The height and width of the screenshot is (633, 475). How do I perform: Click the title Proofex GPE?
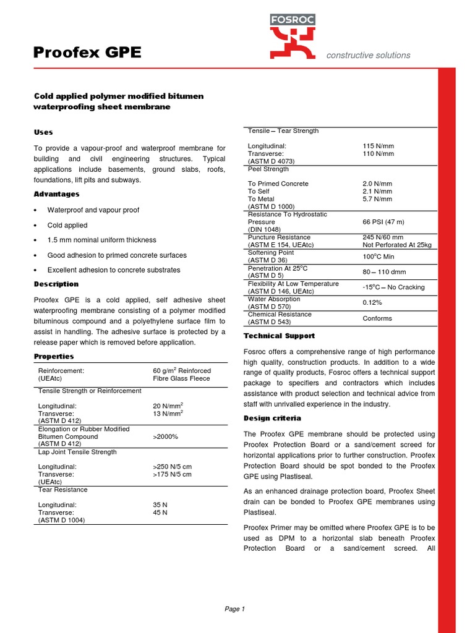tap(87, 54)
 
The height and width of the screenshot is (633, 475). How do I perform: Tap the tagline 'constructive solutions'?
tap(368, 55)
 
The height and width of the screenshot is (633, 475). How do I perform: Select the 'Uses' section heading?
tap(43, 132)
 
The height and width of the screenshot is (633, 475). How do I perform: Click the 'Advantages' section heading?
tap(56, 194)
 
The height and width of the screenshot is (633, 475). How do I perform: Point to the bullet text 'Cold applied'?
tap(67, 225)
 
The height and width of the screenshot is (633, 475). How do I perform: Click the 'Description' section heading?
tap(56, 284)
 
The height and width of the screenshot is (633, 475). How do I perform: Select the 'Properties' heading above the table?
tap(54, 356)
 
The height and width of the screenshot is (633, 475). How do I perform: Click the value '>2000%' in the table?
tap(166, 436)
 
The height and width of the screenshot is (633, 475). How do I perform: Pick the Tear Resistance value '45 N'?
tap(160, 512)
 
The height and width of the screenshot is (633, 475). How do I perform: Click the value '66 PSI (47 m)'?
tap(384, 221)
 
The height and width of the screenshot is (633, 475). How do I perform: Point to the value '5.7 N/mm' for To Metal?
tap(377, 199)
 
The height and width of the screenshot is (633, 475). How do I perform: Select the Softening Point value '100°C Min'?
tap(379, 256)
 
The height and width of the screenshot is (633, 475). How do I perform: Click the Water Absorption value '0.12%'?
tap(372, 302)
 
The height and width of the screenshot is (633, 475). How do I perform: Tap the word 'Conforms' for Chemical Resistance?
tap(377, 318)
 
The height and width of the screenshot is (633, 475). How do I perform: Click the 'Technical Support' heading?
tap(279, 336)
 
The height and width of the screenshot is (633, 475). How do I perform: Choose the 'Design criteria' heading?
tap(272, 418)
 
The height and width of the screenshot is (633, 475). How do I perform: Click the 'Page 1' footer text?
tap(235, 609)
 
